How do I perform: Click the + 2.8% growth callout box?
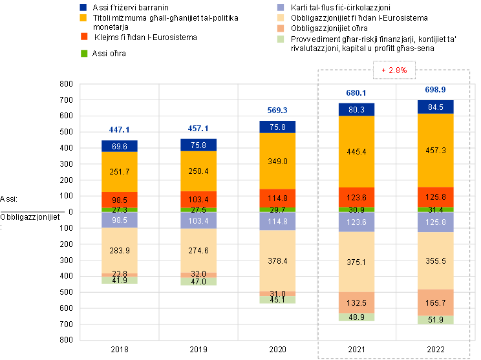tap(394, 70)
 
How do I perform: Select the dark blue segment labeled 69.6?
tap(120, 147)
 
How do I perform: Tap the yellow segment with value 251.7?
tap(120, 172)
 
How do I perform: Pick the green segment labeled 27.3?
tap(120, 210)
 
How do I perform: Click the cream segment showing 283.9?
tap(120, 250)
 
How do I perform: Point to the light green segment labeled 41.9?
tap(120, 281)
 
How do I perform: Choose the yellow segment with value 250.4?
tap(198, 171)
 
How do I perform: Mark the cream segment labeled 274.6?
tap(198, 249)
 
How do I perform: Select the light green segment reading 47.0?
tap(198, 282)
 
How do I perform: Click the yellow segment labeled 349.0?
tap(277, 161)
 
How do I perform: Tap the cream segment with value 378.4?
tap(277, 260)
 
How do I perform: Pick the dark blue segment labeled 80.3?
tap(356, 110)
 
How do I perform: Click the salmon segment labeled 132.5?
tap(356, 302)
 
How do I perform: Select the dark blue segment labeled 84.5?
tap(436, 107)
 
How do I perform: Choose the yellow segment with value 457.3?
tap(436, 150)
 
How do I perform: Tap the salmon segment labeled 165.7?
tap(436, 302)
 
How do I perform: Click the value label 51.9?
tap(436, 320)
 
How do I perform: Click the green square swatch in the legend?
tap(84, 53)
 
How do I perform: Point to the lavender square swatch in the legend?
tap(281, 7)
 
